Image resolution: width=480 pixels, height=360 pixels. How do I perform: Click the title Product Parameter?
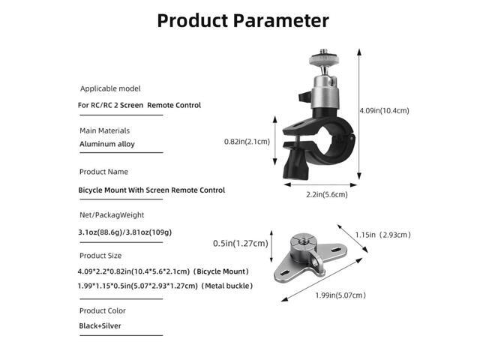242,20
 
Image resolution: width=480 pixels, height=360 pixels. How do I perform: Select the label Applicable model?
110,88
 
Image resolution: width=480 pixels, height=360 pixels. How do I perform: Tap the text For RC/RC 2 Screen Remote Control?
139,105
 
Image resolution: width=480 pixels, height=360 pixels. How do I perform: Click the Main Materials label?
104,130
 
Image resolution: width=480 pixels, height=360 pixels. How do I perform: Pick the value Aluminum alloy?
106,144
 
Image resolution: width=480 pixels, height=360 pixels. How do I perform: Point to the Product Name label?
103,172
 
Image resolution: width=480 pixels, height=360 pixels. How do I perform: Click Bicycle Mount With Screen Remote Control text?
151,190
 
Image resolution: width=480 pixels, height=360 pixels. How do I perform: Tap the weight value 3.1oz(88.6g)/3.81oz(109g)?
124,232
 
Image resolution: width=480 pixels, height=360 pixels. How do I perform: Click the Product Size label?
101,256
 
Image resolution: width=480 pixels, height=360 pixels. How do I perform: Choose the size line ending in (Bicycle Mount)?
163,271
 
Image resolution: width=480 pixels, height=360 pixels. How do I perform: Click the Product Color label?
103,310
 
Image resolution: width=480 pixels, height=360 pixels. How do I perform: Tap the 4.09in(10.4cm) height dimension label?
384,110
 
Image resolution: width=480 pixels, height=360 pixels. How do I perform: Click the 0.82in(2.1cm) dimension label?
247,141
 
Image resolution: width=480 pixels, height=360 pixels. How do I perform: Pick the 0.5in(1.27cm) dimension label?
241,243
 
